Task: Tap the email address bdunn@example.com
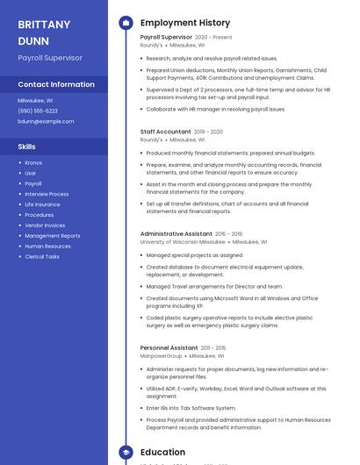(46, 121)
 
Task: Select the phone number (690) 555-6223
(38, 111)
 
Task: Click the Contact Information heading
(56, 84)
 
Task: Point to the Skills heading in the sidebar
(27, 147)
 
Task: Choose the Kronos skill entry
(33, 162)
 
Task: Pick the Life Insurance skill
(42, 204)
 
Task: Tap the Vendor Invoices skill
(45, 225)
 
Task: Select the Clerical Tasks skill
(42, 256)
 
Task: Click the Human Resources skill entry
(47, 246)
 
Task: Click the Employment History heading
(185, 23)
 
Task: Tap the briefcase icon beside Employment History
(126, 23)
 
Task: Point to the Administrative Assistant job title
(176, 234)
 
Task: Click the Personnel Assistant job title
(169, 348)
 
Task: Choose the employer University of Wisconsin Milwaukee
(183, 241)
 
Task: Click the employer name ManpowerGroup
(162, 356)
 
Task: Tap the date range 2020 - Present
(213, 38)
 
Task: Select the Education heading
(163, 452)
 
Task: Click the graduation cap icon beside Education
(126, 452)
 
